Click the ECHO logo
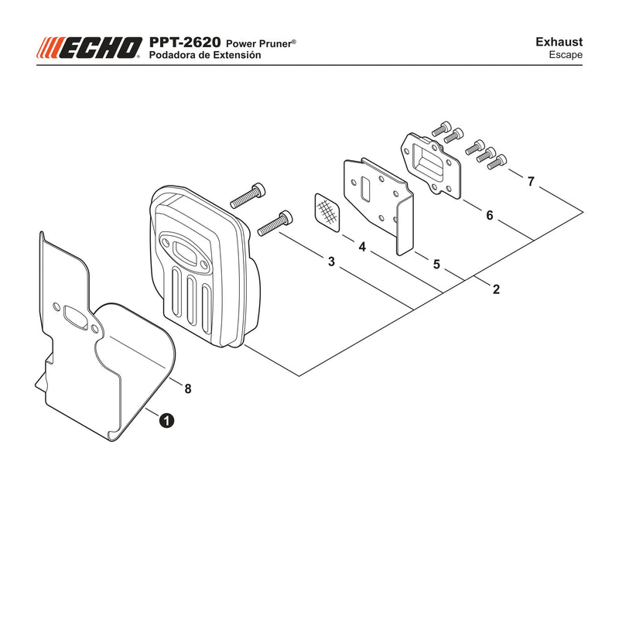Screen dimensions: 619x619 tap(89, 48)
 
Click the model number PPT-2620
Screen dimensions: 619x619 tap(185, 43)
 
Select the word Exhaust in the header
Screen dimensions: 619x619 tap(559, 42)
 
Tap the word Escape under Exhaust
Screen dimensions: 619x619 tap(566, 55)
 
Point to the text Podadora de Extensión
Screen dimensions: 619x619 tap(205, 55)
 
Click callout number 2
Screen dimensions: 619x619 tap(496, 289)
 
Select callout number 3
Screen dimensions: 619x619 tap(332, 262)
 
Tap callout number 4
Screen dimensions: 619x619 tap(362, 247)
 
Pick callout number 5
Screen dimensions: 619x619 tap(436, 264)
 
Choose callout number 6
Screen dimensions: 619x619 tap(490, 215)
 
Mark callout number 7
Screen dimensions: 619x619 tap(531, 181)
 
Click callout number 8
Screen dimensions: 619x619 tap(188, 389)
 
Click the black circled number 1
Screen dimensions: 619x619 tap(166, 420)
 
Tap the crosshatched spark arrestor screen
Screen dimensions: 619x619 tap(327, 212)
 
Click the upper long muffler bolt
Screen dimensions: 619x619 tap(248, 196)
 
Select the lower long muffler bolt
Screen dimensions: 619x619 tap(275, 224)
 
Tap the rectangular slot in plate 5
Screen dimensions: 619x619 tap(365, 190)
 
